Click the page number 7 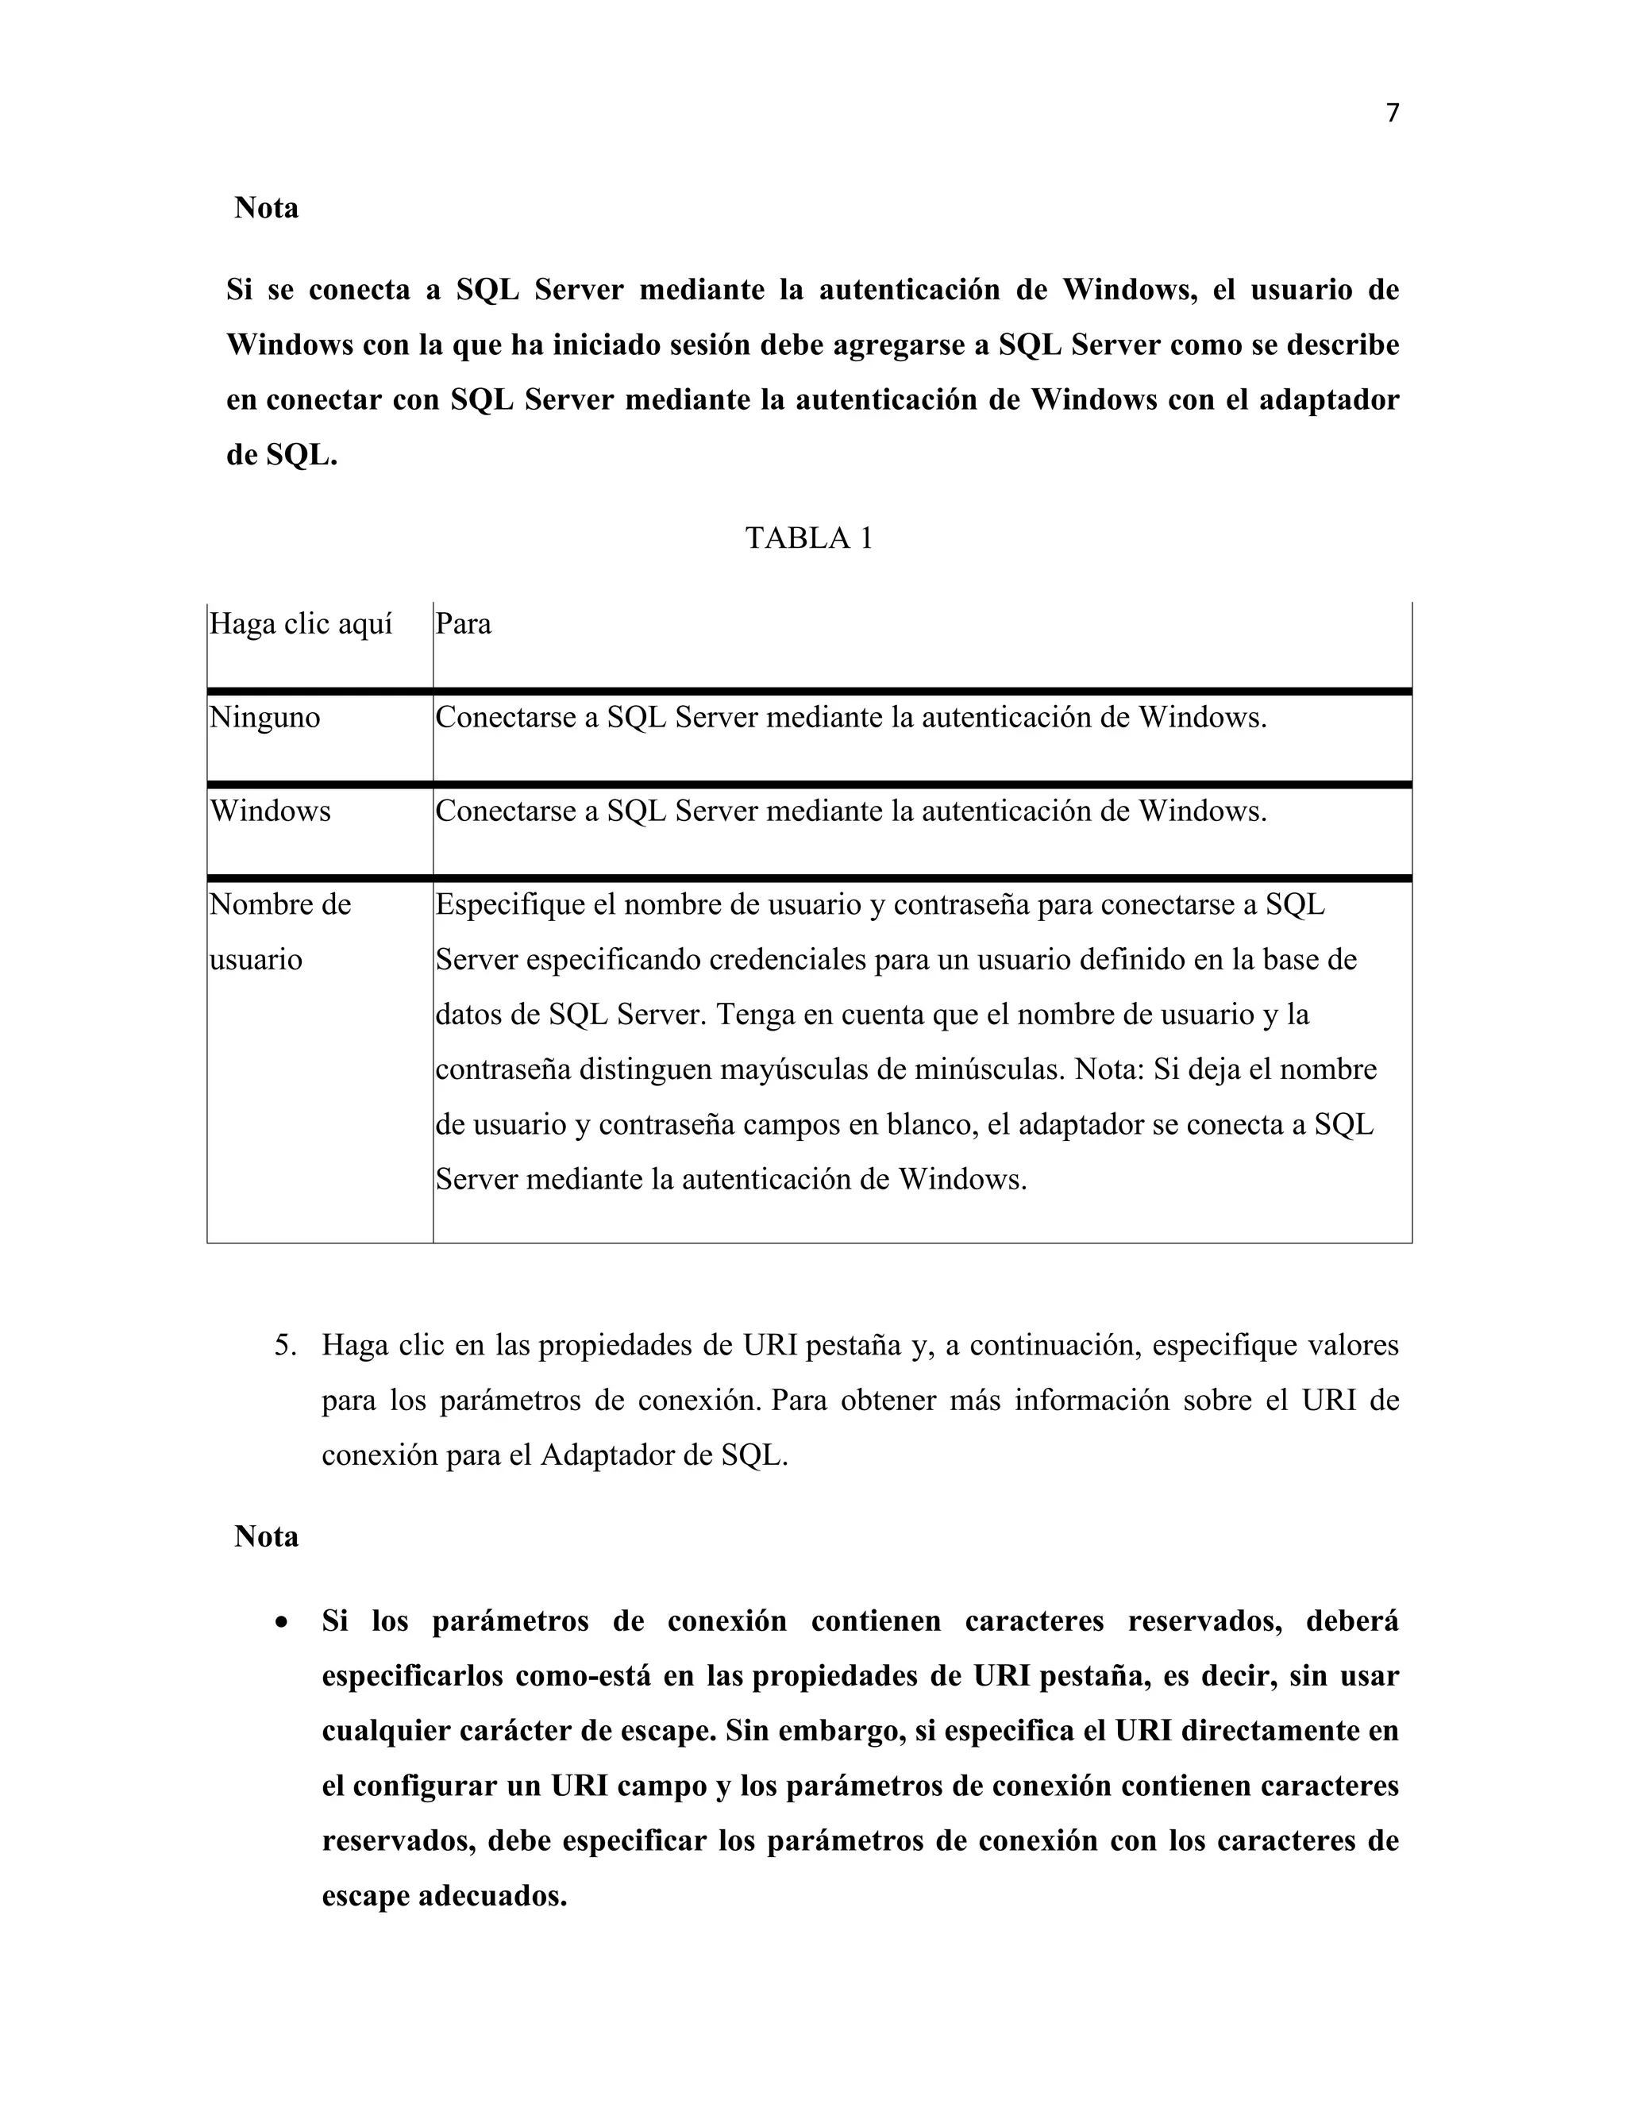(x=1392, y=114)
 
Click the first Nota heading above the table (x=266, y=208)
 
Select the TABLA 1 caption (x=808, y=538)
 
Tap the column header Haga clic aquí (x=301, y=624)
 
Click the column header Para (x=464, y=624)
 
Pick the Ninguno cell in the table (x=265, y=718)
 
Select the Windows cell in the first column (x=271, y=811)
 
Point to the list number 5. (x=285, y=1346)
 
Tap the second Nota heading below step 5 (x=266, y=1536)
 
